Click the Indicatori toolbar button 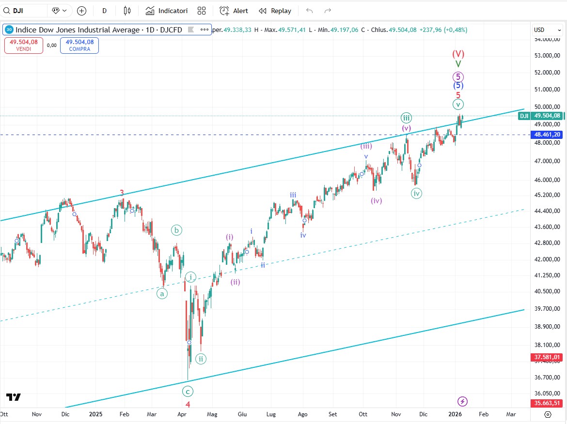tap(167, 11)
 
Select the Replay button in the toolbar tap(275, 11)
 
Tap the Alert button tap(234, 11)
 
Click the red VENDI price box tap(24, 45)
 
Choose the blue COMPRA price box tap(79, 45)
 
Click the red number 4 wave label tap(188, 404)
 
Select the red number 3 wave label tap(122, 193)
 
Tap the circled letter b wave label tap(177, 230)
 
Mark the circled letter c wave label tap(188, 391)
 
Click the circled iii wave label tap(406, 118)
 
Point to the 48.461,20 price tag tap(547, 134)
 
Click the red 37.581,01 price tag tap(547, 358)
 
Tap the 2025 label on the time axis tap(96, 414)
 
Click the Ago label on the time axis tap(302, 414)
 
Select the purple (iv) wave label tap(377, 200)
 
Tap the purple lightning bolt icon tap(463, 401)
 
